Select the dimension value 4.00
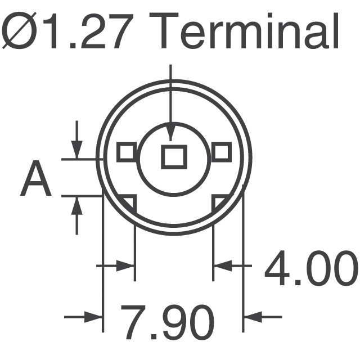tap(311, 268)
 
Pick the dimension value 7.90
tap(168, 322)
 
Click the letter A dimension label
tap(35, 178)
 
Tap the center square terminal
tap(174, 157)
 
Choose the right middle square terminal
tap(221, 152)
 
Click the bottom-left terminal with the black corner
tap(128, 204)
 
